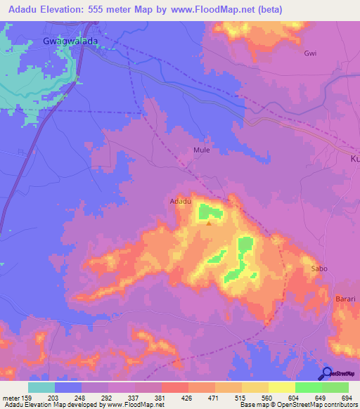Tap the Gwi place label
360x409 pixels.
click(x=310, y=53)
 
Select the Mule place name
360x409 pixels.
click(x=201, y=150)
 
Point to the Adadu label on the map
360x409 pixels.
click(x=181, y=202)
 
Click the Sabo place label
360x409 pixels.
click(x=321, y=269)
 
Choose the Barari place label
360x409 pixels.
click(x=345, y=299)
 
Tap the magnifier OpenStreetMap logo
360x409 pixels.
click(x=326, y=374)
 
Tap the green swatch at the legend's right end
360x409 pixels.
click(x=335, y=387)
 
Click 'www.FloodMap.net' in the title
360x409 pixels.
click(x=221, y=10)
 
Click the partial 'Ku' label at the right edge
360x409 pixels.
click(x=354, y=160)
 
